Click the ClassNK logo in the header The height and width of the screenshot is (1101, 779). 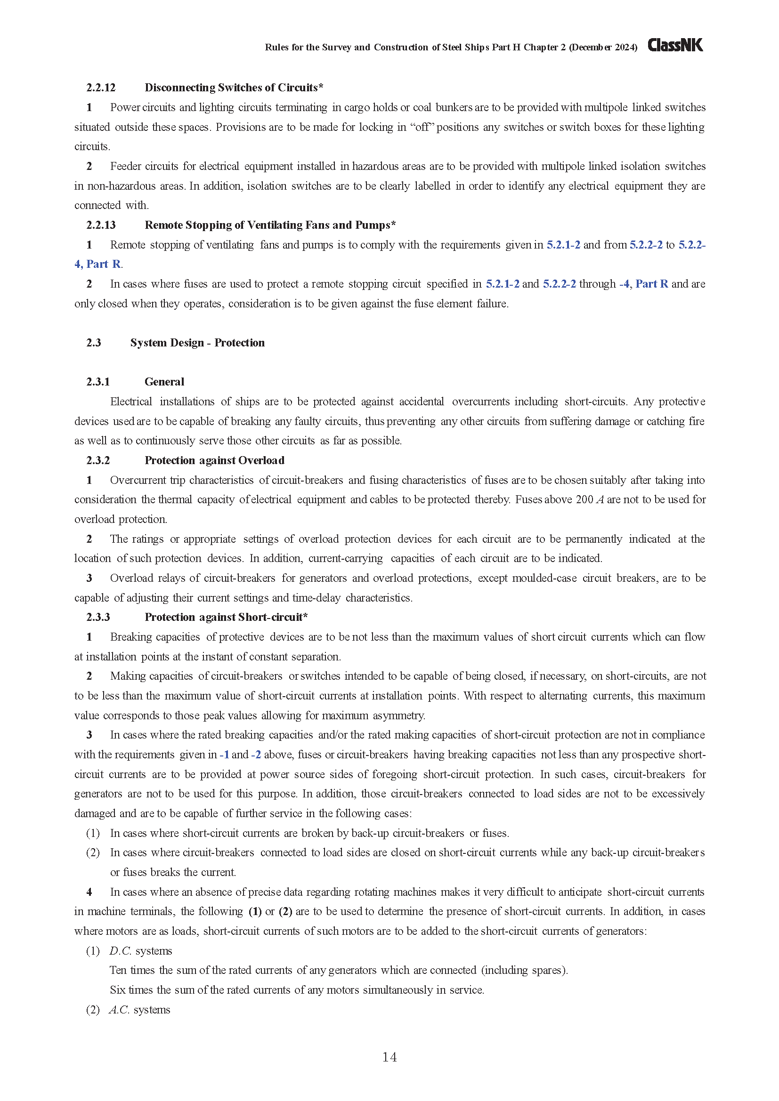[675, 45]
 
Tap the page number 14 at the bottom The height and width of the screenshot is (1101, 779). [389, 1057]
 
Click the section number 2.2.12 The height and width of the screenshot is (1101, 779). [101, 88]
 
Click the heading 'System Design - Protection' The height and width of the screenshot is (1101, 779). [197, 343]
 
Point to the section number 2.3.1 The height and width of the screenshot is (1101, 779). [98, 382]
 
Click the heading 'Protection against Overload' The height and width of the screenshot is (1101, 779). [214, 460]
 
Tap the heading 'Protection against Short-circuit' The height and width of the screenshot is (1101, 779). [224, 617]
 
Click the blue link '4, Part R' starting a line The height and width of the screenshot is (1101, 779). [97, 264]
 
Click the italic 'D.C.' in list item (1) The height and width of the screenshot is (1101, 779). [120, 951]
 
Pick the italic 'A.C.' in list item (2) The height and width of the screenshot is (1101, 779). [120, 1010]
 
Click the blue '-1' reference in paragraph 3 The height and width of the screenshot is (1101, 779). [224, 755]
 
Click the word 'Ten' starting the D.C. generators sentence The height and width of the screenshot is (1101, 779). [118, 971]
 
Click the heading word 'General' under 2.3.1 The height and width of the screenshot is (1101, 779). [164, 382]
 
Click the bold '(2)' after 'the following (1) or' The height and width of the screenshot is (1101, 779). [285, 912]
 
